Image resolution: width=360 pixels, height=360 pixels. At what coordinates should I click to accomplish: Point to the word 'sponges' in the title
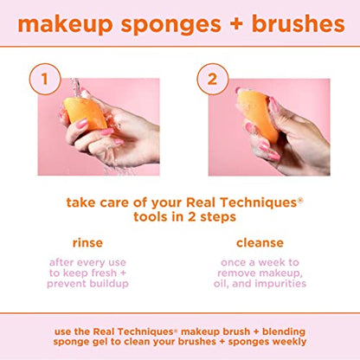pos(170,23)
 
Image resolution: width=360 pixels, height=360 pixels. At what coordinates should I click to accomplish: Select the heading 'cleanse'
pos(268,244)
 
